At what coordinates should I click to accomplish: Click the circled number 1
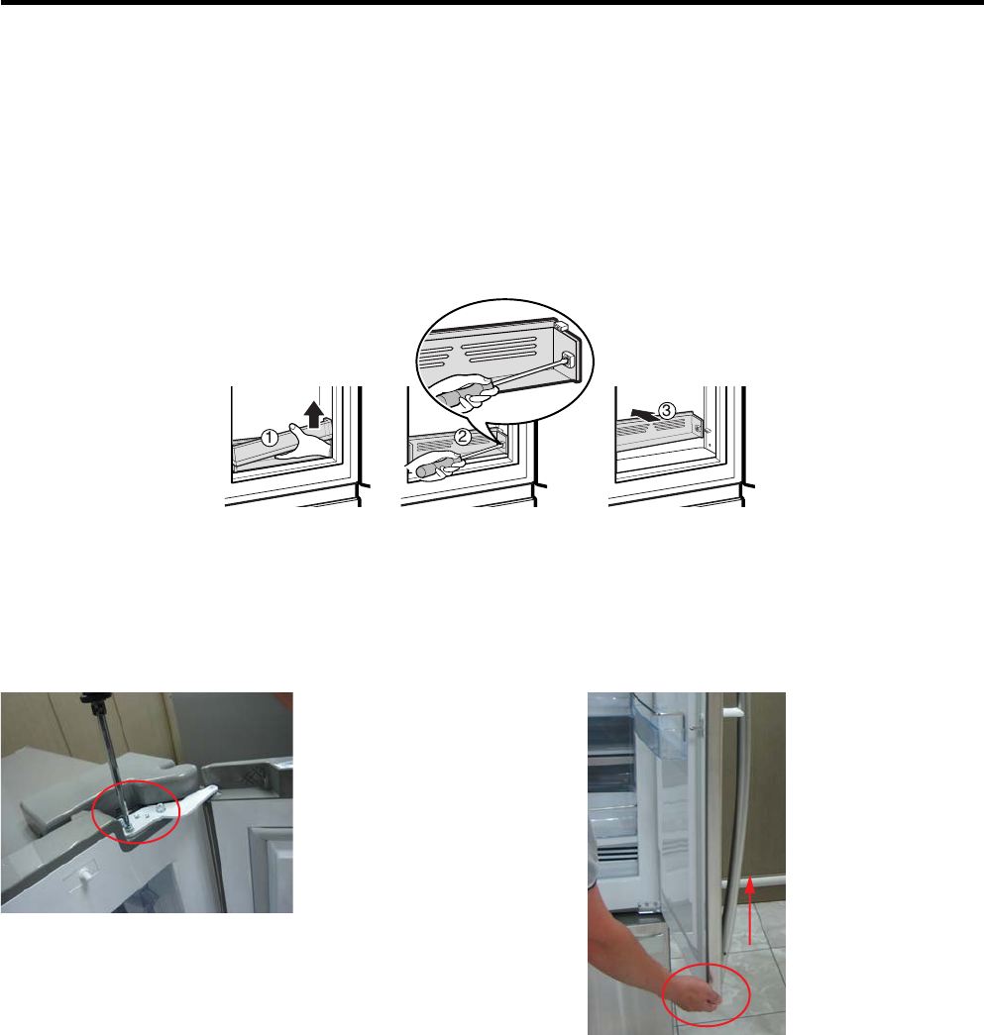point(269,438)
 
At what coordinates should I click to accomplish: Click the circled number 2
point(463,437)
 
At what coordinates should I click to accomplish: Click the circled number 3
point(667,411)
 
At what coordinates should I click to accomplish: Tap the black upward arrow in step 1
point(314,417)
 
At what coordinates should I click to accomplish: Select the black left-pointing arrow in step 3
point(644,415)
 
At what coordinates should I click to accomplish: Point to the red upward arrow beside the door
point(749,909)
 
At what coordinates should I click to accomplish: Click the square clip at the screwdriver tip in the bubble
point(567,359)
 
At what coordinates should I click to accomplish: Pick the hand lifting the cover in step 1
point(305,443)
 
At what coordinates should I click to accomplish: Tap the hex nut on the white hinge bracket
point(161,807)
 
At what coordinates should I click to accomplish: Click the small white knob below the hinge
point(84,875)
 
